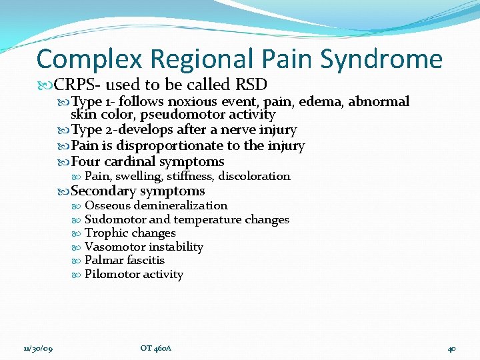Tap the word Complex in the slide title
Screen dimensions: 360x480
(x=89, y=60)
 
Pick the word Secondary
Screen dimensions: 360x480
(x=103, y=191)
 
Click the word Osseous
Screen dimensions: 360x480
(x=107, y=205)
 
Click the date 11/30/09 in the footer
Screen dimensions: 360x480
(x=39, y=348)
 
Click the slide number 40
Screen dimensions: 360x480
(x=451, y=348)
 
